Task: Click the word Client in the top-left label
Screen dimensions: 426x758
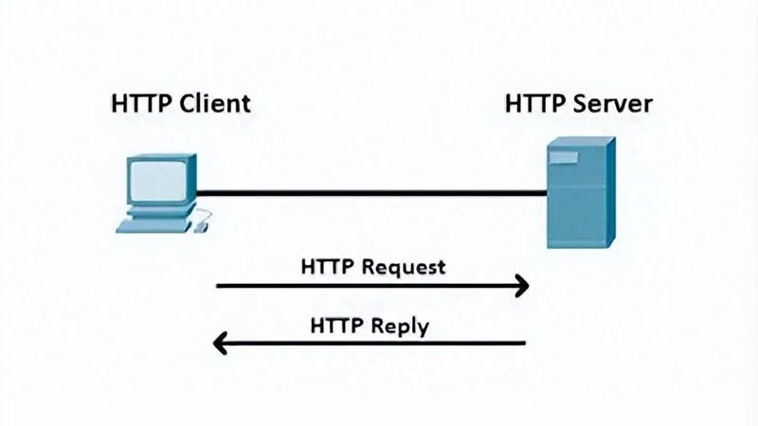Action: tap(217, 102)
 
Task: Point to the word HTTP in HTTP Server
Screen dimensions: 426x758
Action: tap(539, 102)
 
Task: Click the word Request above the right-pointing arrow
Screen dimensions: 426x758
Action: tap(404, 267)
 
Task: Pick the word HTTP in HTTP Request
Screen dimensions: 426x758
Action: tap(329, 267)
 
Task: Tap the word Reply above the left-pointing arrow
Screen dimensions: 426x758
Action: tap(400, 327)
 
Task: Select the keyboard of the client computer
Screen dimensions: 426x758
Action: tap(152, 225)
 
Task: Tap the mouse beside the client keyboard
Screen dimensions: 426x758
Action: tap(200, 226)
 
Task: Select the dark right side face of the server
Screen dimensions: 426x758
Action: tap(608, 194)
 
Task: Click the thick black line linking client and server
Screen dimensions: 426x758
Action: tap(370, 193)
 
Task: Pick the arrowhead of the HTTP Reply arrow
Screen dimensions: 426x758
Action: tap(219, 342)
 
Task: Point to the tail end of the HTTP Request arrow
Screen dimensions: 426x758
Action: tap(220, 284)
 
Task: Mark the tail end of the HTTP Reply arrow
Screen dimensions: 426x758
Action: tap(523, 342)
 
